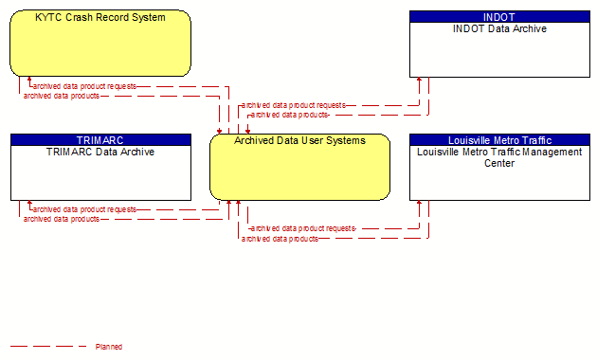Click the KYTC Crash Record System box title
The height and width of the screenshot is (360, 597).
[100, 17]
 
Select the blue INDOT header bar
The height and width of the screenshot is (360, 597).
[499, 17]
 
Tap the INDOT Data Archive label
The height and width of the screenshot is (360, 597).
[499, 29]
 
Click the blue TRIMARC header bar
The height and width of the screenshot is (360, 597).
[100, 140]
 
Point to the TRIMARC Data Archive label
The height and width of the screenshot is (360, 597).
[100, 152]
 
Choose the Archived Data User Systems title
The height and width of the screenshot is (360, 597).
[300, 141]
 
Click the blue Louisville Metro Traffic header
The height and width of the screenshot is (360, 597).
[499, 140]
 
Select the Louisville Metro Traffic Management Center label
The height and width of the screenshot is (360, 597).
[499, 157]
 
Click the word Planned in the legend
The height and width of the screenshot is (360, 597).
[109, 347]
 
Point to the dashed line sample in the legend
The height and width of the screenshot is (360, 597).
[48, 347]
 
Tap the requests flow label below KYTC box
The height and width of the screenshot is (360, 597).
[84, 87]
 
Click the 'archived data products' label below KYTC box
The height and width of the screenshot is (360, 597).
[62, 96]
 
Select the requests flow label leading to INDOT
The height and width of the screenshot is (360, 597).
[294, 105]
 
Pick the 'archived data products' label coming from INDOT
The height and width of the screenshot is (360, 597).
[289, 115]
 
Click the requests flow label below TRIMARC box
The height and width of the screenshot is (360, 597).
[84, 209]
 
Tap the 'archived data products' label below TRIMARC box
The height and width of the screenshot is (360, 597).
[62, 219]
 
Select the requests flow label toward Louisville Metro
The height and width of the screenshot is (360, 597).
[303, 228]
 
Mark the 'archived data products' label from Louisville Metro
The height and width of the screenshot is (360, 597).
[280, 239]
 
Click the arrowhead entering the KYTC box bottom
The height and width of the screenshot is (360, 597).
[29, 80]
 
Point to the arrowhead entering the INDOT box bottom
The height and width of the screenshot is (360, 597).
[419, 80]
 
